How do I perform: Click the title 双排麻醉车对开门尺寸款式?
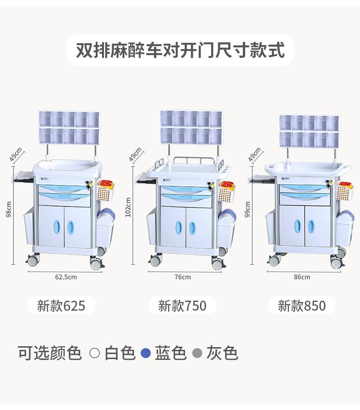[x=180, y=50]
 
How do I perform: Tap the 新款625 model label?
[x=61, y=305]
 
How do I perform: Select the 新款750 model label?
[x=182, y=305]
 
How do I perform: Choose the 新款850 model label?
[x=302, y=305]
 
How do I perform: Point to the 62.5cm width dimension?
[x=66, y=277]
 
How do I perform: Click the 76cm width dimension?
[x=183, y=277]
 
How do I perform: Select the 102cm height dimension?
[x=128, y=207]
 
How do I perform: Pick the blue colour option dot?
[x=145, y=353]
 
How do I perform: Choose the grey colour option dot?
[x=197, y=353]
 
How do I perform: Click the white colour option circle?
[x=95, y=353]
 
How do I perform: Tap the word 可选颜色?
[x=50, y=353]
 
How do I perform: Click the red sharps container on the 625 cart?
[x=106, y=184]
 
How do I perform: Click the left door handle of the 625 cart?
[x=57, y=227]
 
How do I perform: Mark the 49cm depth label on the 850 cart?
[x=255, y=154]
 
